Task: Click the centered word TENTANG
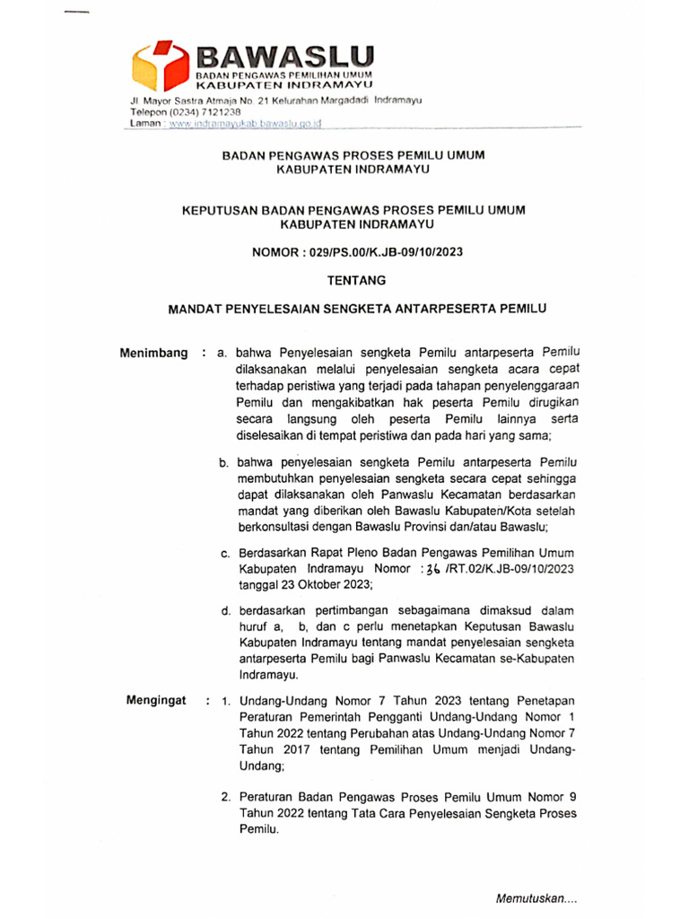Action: point(357,280)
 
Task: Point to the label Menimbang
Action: point(153,354)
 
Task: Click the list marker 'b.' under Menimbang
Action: point(225,462)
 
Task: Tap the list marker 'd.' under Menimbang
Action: point(225,610)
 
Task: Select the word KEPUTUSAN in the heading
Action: point(218,209)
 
